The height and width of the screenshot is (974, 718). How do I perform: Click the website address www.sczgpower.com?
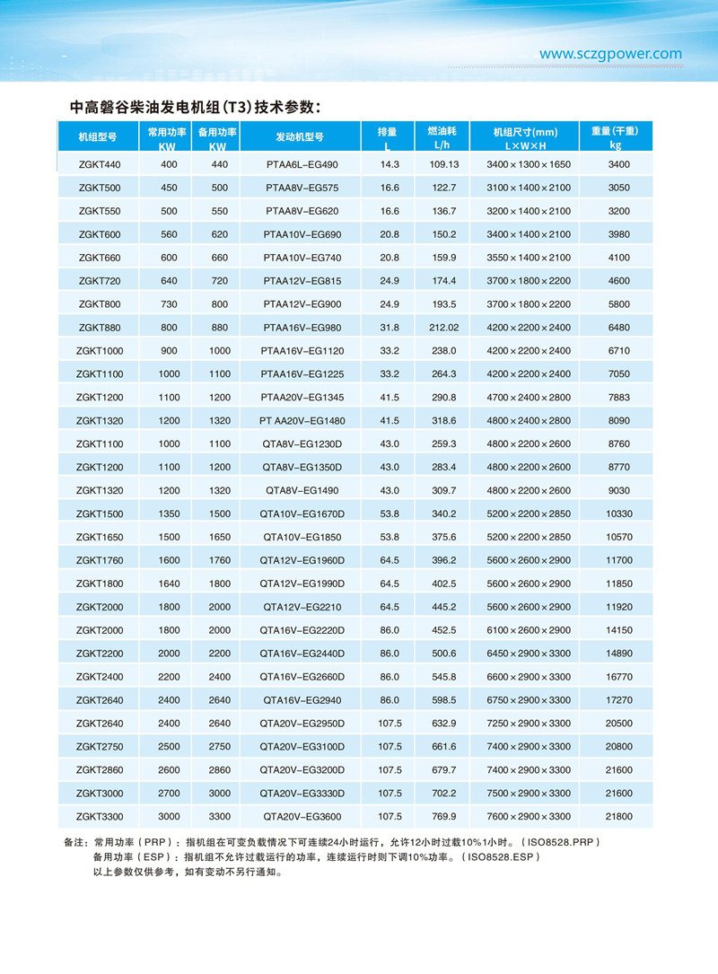coord(610,54)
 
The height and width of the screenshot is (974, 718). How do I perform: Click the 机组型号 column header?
coord(98,137)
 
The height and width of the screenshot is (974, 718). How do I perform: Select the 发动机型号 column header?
coord(300,137)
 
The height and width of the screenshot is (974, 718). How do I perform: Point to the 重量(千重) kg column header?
coord(614,136)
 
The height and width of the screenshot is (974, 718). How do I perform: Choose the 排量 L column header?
coord(388,136)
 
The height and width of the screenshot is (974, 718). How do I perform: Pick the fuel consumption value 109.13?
coord(444,165)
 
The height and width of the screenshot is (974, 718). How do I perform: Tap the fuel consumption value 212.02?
coord(444,328)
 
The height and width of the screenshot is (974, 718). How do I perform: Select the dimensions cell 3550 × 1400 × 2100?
coord(529,258)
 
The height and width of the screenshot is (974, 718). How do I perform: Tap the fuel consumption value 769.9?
coord(444,817)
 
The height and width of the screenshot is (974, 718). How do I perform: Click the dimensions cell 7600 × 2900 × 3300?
coord(529,817)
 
